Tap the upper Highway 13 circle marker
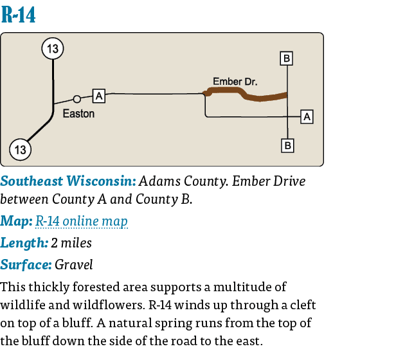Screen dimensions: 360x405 [x=53, y=49]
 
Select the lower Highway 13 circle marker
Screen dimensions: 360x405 [x=20, y=150]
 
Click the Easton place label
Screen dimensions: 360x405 [x=78, y=114]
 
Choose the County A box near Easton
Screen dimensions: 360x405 [x=99, y=96]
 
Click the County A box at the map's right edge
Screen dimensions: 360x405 [x=307, y=116]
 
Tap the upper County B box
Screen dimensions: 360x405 [x=287, y=59]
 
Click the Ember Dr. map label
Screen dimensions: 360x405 [x=235, y=82]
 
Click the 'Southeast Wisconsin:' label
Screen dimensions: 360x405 [x=69, y=181]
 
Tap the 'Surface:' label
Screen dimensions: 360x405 [x=26, y=264]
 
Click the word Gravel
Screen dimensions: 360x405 [x=74, y=264]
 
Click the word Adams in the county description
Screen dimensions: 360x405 [x=158, y=181]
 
